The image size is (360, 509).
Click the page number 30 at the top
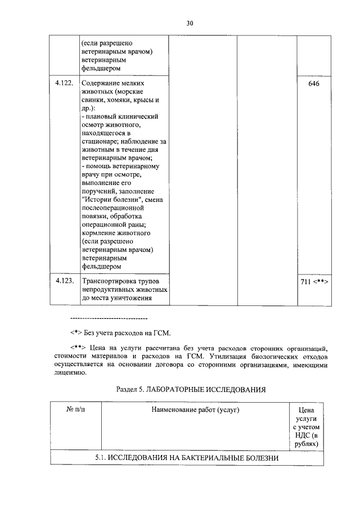(189, 23)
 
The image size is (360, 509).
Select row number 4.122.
(64, 83)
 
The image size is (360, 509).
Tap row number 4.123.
(64, 281)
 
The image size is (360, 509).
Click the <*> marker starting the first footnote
(76, 332)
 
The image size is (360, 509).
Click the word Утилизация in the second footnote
(232, 357)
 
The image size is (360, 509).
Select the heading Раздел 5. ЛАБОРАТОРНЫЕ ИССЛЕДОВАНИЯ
(190, 389)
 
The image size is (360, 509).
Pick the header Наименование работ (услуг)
(195, 410)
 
